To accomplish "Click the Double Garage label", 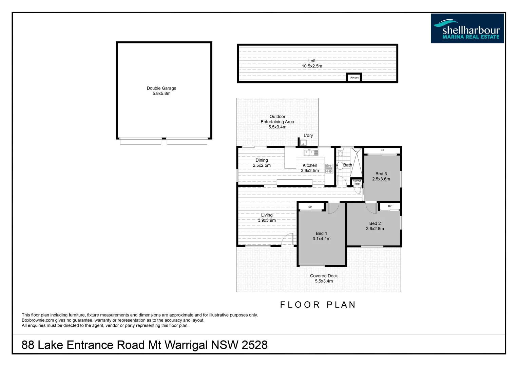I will pos(161,91).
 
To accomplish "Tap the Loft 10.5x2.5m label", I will pos(312,64).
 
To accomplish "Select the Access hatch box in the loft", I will pos(354,78).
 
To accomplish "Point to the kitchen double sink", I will pos(311,153).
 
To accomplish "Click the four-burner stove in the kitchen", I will pos(329,168).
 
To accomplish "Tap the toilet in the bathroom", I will pos(341,154).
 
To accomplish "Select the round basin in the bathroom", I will pos(340,166).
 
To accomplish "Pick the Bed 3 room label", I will pos(381,176).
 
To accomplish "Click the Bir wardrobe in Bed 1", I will pos(310,207).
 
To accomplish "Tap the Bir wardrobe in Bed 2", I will pos(390,206).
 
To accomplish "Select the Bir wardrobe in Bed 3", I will pos(382,150).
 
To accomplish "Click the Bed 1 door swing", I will pos(333,208).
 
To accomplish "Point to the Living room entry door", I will pos(288,239).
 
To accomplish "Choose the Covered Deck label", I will pos(324,278).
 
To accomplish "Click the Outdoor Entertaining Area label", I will pos(277,122).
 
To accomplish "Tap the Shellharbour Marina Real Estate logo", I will pos(467,28).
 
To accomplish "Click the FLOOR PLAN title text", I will pos(318,305).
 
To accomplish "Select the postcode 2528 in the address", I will pos(254,345).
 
